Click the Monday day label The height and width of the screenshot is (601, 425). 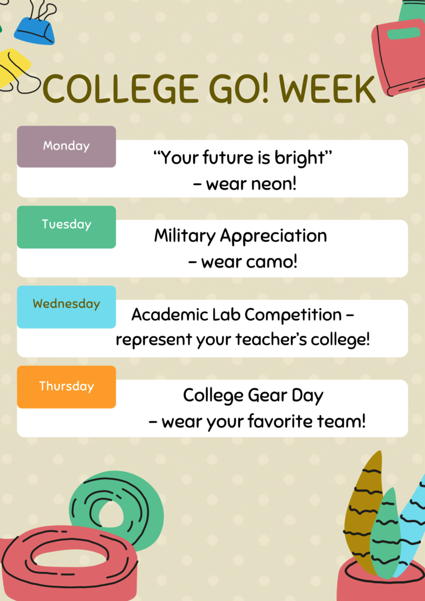pyautogui.click(x=66, y=146)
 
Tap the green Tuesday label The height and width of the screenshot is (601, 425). pyautogui.click(x=66, y=227)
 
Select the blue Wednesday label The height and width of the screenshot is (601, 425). pyautogui.click(x=66, y=306)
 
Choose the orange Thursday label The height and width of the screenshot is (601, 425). pyautogui.click(x=66, y=387)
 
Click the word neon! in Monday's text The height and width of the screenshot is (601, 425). pyautogui.click(x=274, y=184)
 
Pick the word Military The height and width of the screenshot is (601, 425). pyautogui.click(x=185, y=237)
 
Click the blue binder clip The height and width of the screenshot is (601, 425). pyautogui.click(x=36, y=28)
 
